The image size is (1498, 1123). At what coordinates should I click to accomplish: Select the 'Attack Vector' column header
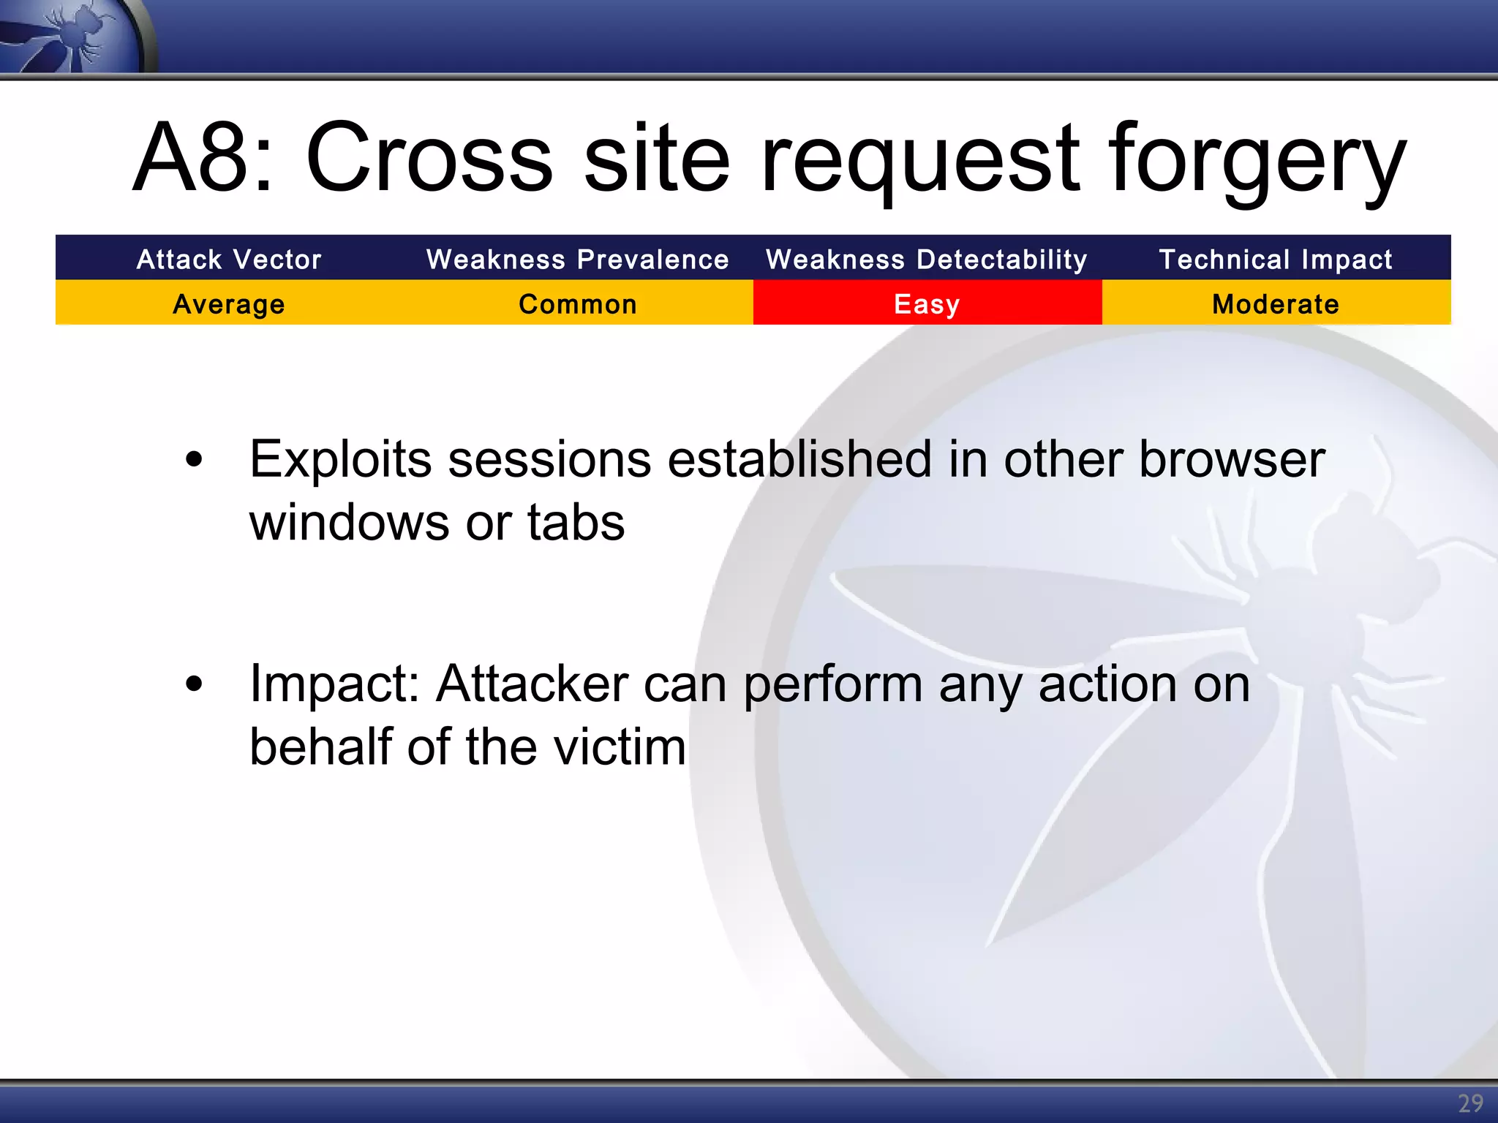coord(229,259)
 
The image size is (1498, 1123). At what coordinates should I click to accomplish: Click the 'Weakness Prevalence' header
coord(578,259)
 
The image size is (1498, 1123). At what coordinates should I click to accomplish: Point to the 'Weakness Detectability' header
coord(927,259)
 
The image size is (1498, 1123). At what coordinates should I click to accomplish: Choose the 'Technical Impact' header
coord(1276,259)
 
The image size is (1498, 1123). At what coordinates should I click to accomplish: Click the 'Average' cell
coord(229,303)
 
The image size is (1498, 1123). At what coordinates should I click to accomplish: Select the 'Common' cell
coord(578,303)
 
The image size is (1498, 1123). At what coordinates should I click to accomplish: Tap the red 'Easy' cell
coord(927,303)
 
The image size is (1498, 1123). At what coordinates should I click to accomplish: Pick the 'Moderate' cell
coord(1276,303)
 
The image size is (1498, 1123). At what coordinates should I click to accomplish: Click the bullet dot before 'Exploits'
coord(194,460)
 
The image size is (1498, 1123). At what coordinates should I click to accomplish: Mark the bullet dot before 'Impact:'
coord(194,684)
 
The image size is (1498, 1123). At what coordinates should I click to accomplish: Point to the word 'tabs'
coord(576,523)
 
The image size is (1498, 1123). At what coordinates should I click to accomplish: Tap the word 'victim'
coord(620,747)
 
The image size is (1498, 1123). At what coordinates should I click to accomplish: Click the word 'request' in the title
coord(919,161)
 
